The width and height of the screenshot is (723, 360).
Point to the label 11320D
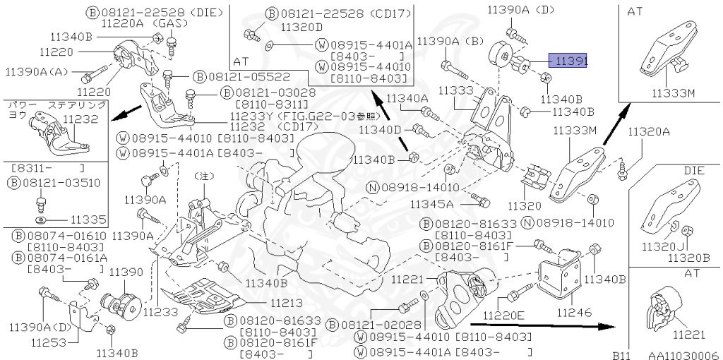pos(301,27)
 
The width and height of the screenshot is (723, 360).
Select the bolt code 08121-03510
pos(63,183)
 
